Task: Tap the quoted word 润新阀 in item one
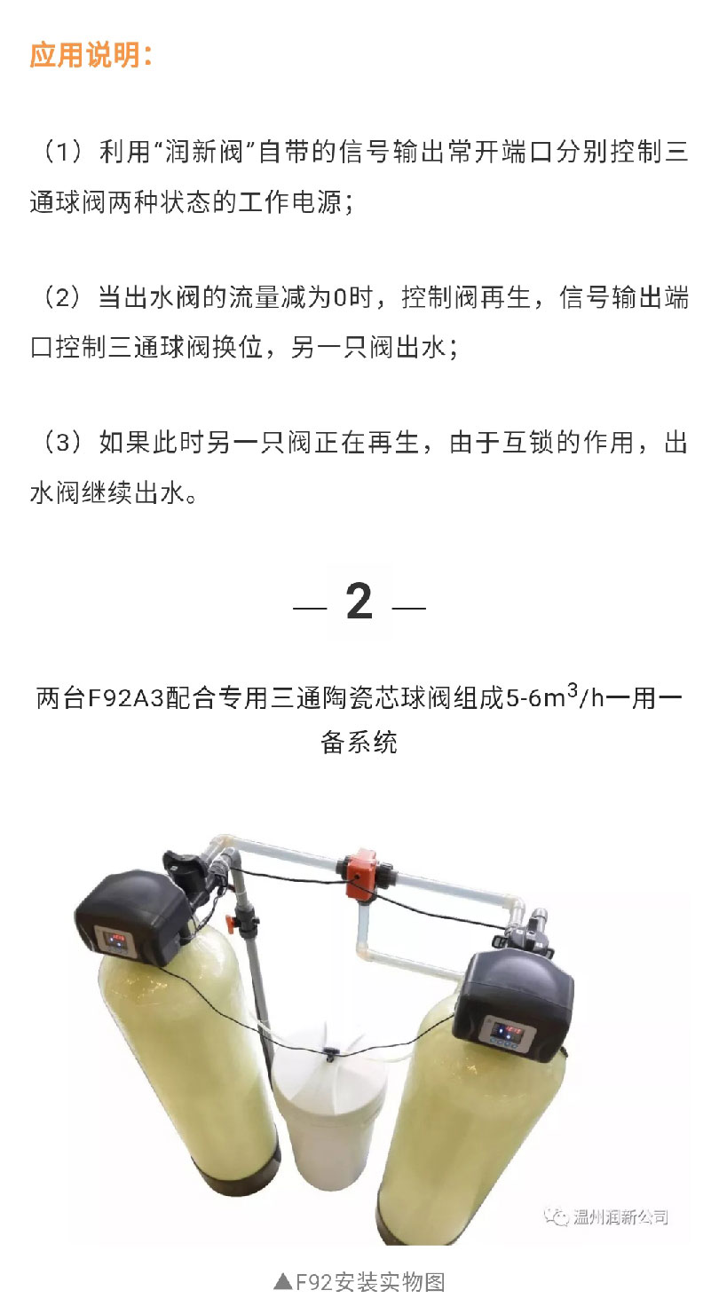pos(203,152)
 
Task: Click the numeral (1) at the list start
pos(63,152)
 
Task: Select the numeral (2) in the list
pos(63,297)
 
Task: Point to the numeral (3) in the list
pos(63,443)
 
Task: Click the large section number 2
pos(359,602)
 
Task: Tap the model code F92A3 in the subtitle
pos(125,698)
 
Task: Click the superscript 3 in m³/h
pos(572,689)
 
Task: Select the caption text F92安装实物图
pos(370,1282)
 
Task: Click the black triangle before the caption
pos(283,1283)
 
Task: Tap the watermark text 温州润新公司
pos(621,1217)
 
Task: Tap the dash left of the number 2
pos(310,607)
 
